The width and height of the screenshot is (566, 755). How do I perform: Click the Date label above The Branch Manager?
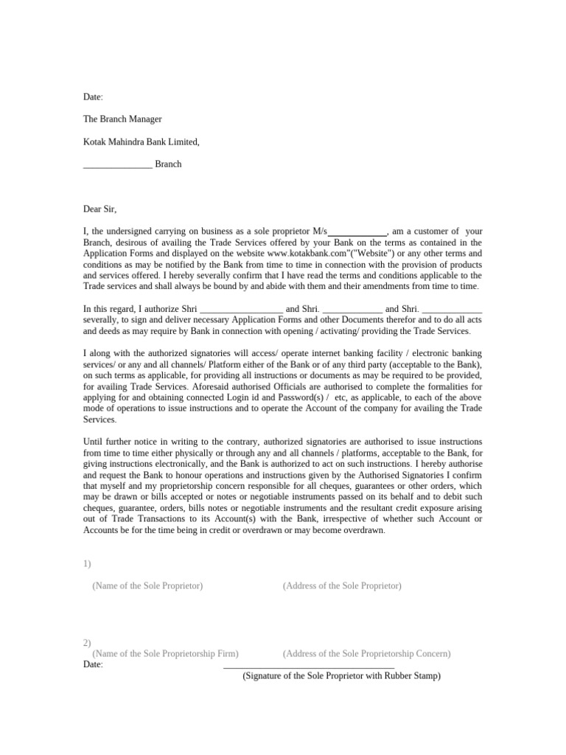(93, 97)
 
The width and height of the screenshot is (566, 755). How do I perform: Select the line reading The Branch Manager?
(122, 119)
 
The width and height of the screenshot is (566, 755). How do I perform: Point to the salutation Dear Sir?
(100, 209)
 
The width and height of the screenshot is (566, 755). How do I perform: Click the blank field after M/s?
(357, 232)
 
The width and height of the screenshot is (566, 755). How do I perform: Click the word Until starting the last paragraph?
(94, 442)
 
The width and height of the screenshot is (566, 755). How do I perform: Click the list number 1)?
(87, 564)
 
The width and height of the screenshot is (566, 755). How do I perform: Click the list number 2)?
(87, 643)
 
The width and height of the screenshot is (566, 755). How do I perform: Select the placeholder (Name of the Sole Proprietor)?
(147, 586)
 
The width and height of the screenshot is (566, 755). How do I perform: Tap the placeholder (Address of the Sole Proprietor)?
(342, 586)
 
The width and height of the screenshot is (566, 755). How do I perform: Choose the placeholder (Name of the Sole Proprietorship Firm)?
(165, 654)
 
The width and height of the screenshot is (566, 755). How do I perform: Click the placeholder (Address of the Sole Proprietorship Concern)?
(366, 654)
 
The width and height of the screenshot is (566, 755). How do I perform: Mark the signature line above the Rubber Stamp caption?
(309, 667)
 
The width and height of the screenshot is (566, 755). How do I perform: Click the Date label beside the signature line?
(93, 664)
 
